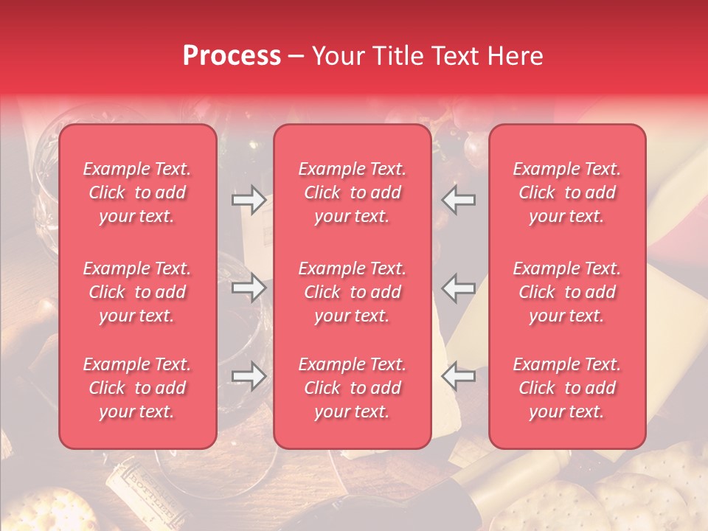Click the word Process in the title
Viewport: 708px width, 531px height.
(232, 56)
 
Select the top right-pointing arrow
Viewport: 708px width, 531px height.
(249, 200)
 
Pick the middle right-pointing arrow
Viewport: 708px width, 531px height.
(249, 288)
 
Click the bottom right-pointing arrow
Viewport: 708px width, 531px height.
(249, 376)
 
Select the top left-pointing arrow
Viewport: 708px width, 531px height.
(459, 200)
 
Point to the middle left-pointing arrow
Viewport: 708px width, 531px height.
(459, 288)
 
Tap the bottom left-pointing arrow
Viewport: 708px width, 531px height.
(459, 376)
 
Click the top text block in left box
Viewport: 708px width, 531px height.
(137, 192)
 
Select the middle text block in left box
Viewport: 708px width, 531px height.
(137, 292)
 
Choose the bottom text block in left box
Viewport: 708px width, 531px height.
(137, 388)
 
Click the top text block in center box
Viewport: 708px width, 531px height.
(353, 192)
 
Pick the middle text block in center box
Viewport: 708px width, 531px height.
(353, 292)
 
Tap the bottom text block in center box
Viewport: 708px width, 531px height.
(353, 388)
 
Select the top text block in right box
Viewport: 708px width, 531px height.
(567, 192)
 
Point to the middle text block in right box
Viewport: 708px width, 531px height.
(567, 292)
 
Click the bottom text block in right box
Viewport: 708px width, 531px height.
(567, 388)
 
